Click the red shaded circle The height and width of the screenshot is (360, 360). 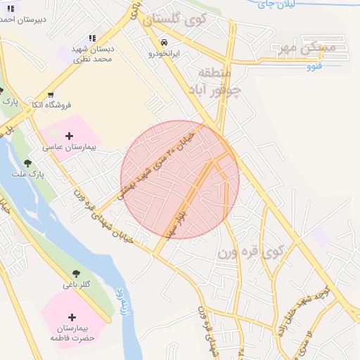[180, 180]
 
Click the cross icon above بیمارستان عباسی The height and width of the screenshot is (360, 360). [68, 136]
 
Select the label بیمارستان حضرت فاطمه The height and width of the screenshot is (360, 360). [72, 333]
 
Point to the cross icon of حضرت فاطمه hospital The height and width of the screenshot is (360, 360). [72, 318]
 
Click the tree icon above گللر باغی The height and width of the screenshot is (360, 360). [75, 274]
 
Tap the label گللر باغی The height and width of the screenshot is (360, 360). [75, 284]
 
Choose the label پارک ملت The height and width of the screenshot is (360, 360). [28, 172]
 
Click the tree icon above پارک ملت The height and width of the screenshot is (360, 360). [27, 162]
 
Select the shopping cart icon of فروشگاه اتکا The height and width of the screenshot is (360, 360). [51, 95]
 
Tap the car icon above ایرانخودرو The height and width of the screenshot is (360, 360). [164, 42]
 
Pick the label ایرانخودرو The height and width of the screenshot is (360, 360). [164, 53]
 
